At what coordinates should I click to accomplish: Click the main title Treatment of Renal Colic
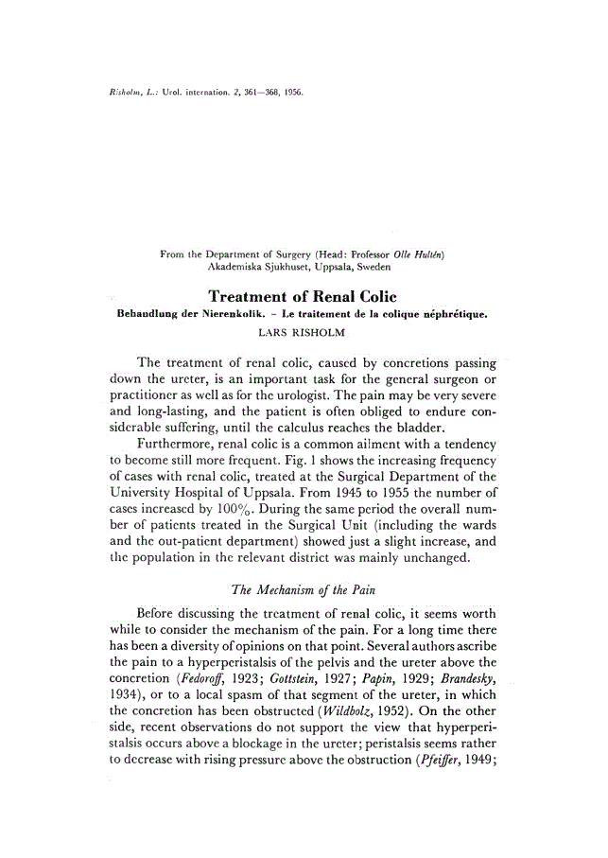302,296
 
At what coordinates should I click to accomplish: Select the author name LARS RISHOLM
302,332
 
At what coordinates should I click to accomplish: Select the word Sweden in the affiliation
378,269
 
